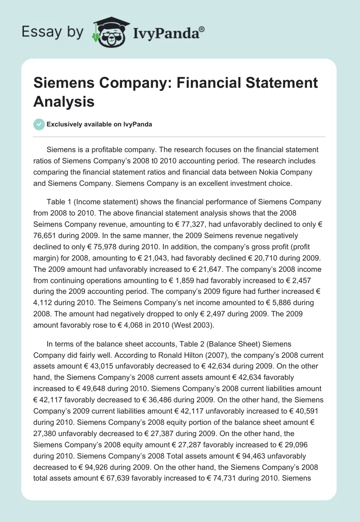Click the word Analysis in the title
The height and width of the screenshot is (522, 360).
[x=64, y=101]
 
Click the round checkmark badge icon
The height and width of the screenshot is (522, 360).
[x=38, y=124]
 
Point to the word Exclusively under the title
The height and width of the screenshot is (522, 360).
[x=63, y=124]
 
